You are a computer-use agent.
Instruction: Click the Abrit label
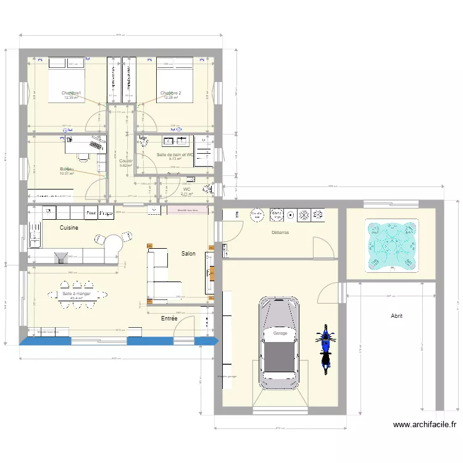click(396, 315)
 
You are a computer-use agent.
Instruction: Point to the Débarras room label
click(280, 233)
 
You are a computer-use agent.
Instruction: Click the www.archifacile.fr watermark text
click(425, 425)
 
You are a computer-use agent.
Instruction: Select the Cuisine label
click(69, 228)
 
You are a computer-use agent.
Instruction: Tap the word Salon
click(188, 254)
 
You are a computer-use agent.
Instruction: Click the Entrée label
click(169, 319)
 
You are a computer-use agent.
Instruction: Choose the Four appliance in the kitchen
click(91, 214)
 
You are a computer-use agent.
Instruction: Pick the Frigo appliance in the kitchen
click(106, 214)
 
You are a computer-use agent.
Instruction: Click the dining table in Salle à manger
click(76, 294)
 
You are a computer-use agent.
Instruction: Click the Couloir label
click(126, 161)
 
